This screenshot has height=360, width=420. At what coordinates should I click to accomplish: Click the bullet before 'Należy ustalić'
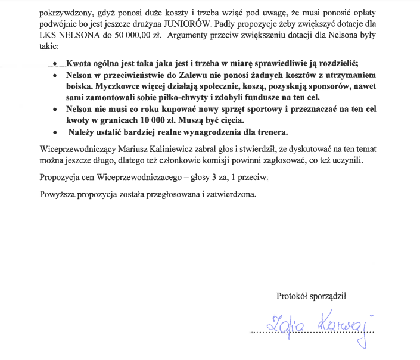click(x=55, y=131)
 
